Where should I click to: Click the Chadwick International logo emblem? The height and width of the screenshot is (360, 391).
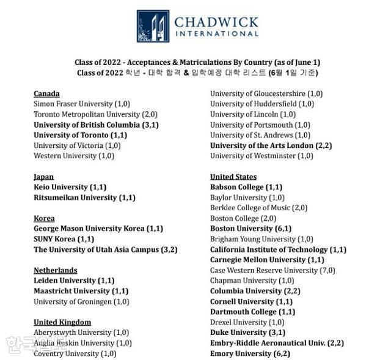153,26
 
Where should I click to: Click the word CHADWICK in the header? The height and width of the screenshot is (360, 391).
216,22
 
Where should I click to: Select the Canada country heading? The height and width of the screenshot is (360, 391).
46,94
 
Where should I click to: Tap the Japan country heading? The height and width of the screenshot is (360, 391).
43,177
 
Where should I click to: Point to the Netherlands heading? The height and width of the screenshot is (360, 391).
55,270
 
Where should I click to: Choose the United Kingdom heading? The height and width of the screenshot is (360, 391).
62,322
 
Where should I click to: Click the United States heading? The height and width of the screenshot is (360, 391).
233,177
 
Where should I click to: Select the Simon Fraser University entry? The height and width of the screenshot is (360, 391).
81,104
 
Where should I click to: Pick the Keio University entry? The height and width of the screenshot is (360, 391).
70,187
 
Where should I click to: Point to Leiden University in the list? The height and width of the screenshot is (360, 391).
73,281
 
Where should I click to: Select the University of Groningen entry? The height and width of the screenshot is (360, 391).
81,301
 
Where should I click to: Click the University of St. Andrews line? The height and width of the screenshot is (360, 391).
260,135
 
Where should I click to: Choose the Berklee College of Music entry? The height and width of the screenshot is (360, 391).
258,208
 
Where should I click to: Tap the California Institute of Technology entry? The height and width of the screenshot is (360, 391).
278,249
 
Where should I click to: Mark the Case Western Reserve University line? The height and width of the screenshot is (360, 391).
272,270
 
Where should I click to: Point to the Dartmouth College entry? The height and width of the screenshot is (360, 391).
252,312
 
